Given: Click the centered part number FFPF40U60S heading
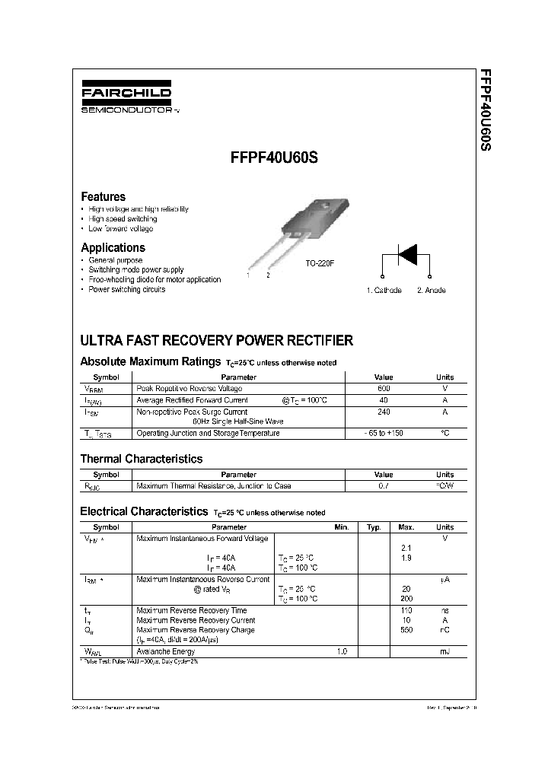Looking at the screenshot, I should (x=274, y=161).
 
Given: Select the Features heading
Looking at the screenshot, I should (x=103, y=196).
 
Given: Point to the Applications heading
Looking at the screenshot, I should (x=113, y=247).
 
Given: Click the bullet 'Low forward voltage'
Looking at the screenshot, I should (x=120, y=228).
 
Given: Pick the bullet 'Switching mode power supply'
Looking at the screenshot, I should (x=135, y=270).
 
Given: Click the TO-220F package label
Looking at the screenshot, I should (x=320, y=262).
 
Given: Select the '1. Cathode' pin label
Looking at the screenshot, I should (x=384, y=290).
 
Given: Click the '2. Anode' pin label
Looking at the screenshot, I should (x=432, y=290).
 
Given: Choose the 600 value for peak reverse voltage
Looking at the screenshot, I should (x=384, y=388).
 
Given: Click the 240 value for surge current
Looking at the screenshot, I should (x=384, y=412).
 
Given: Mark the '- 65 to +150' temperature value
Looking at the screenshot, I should (x=384, y=433).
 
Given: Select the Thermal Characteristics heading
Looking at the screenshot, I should (x=142, y=459).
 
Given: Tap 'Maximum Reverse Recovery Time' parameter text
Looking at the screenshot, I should (x=191, y=610).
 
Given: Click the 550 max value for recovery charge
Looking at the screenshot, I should (x=406, y=630).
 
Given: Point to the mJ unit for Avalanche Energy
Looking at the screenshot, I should (x=444, y=652).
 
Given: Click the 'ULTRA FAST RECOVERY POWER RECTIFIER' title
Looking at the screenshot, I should (x=216, y=340).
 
